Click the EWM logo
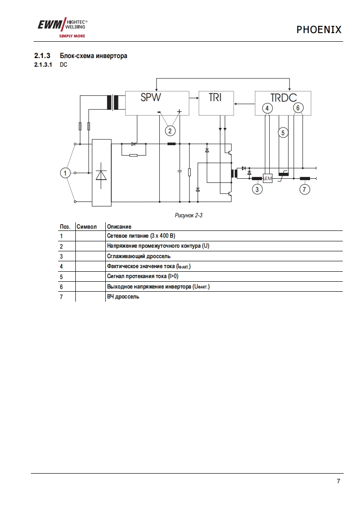tap(62, 28)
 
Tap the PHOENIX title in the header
tap(319, 30)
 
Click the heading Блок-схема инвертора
tap(94, 56)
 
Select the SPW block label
tap(151, 97)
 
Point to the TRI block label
tap(215, 97)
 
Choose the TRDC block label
tap(283, 98)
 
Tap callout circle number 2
tap(170, 131)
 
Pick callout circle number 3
tap(257, 189)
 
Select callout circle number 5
tap(283, 133)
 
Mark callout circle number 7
tap(304, 189)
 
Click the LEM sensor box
tap(267, 178)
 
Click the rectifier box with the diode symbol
tap(101, 173)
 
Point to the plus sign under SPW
tap(180, 111)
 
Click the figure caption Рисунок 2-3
tap(188, 215)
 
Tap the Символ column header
tap(87, 226)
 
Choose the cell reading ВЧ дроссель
tap(123, 297)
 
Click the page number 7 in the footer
tap(338, 482)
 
